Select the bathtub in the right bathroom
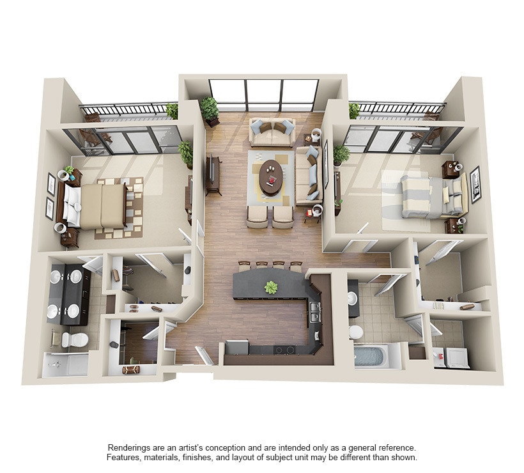tap(371, 355)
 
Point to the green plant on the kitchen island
tap(272, 288)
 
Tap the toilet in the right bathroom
tap(356, 332)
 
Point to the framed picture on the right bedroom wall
tap(475, 184)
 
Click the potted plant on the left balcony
tap(173, 111)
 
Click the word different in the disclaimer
tap(364, 458)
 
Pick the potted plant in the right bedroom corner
tap(341, 154)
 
